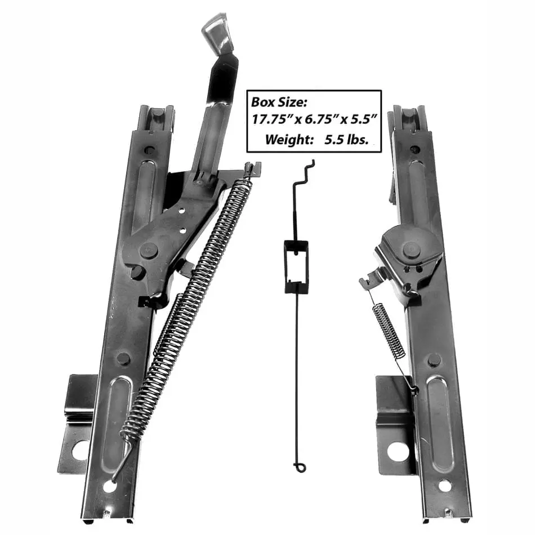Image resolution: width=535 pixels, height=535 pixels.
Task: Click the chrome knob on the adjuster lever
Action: tap(215, 36)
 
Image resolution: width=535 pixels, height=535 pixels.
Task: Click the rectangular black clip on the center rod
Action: tap(296, 266)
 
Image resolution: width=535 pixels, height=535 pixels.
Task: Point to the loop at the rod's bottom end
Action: tap(299, 467)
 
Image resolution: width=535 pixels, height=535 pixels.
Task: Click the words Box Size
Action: tap(279, 102)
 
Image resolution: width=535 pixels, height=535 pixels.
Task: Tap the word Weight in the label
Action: tap(289, 139)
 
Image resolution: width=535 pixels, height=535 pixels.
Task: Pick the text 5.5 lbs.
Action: tap(346, 139)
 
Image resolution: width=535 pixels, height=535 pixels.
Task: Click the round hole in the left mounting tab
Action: tap(79, 451)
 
